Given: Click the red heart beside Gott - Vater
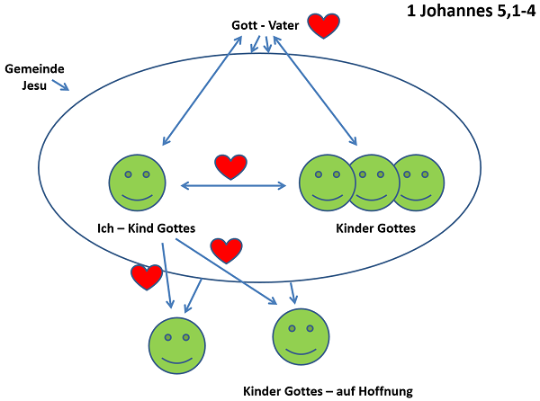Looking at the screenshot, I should [x=323, y=26].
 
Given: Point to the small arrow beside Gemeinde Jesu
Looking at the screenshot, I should [x=59, y=86].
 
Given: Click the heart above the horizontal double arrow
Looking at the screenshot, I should [x=230, y=166].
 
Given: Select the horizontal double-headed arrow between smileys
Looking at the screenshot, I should [x=234, y=186].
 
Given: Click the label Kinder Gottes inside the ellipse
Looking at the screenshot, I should [x=375, y=227].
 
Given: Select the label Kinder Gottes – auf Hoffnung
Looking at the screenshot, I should [x=328, y=390].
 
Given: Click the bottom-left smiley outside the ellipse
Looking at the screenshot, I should [x=176, y=344].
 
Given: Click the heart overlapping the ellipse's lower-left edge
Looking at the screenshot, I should [x=147, y=277].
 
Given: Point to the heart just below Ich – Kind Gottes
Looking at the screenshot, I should [x=226, y=250].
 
